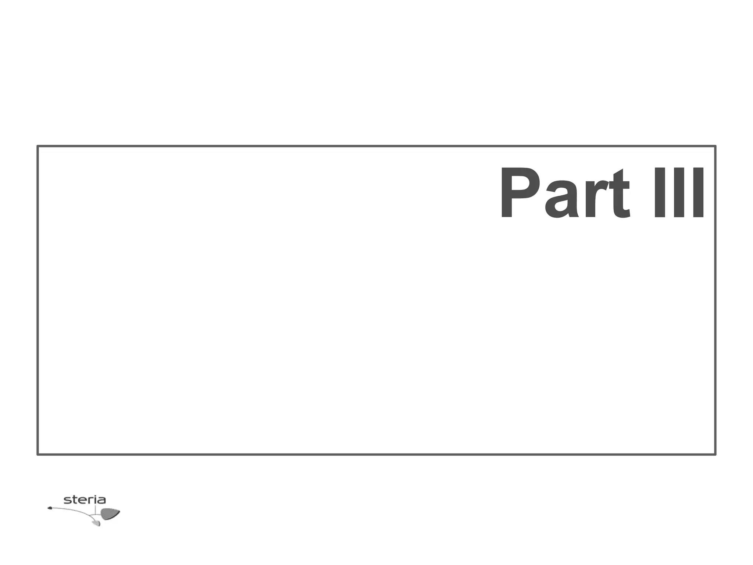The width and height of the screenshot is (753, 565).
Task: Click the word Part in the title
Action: tap(564, 193)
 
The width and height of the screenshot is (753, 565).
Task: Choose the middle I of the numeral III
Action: tap(678, 193)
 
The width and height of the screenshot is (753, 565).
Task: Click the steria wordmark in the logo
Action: tap(85, 500)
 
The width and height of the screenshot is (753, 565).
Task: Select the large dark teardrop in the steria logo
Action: tap(110, 514)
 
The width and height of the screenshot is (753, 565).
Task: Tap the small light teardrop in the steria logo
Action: tap(96, 523)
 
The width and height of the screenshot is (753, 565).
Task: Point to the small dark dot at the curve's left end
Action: tap(50, 508)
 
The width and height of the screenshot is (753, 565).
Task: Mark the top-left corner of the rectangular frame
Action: tap(38, 146)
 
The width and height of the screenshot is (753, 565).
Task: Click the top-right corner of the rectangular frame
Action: tap(715, 146)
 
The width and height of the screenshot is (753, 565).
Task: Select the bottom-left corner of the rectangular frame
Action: tap(38, 455)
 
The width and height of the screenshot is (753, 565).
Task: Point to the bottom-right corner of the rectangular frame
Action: tap(715, 455)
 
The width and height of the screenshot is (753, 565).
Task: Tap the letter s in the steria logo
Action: tap(67, 500)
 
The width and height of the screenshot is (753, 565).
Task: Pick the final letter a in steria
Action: tap(101, 500)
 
